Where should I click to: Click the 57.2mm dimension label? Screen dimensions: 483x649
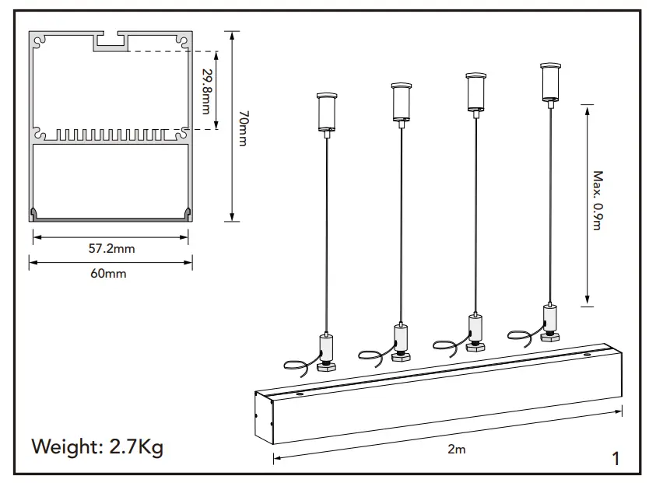[111, 249]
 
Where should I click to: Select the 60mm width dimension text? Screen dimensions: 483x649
[108, 274]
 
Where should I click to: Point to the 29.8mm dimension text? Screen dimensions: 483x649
[206, 91]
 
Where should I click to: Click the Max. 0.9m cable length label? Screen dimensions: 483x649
[597, 201]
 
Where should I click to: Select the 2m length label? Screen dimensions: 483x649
[457, 450]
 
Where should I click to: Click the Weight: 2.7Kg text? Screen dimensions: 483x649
[97, 448]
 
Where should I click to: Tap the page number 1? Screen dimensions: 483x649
[616, 459]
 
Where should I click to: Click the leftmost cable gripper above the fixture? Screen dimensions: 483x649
[327, 348]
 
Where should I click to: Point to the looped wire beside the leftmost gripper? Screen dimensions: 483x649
[299, 365]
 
